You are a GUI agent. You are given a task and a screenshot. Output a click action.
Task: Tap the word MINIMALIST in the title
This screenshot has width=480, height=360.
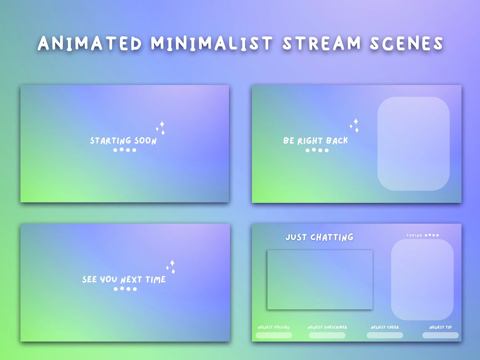(212, 44)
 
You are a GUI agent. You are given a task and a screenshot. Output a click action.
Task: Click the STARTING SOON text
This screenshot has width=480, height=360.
(124, 141)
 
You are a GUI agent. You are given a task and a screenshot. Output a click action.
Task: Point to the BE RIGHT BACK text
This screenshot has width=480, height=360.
(316, 141)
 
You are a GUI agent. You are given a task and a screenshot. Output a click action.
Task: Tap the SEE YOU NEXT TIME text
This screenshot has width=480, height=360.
(124, 280)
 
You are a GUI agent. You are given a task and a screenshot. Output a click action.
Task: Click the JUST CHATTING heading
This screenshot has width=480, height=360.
(320, 237)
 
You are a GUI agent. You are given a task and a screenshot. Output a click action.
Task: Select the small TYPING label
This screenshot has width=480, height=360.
(414, 235)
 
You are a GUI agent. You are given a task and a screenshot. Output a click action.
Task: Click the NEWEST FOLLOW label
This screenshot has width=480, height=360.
(274, 328)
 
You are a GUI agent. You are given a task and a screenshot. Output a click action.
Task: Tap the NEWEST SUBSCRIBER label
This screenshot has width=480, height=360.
(328, 328)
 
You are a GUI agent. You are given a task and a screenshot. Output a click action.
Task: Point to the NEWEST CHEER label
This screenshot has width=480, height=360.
(385, 328)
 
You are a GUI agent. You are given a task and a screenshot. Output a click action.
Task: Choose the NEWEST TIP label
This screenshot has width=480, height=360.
(440, 328)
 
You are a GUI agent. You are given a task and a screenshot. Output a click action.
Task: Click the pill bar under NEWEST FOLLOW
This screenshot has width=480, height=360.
(274, 335)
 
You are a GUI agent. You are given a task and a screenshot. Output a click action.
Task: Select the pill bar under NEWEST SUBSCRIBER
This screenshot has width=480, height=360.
(327, 335)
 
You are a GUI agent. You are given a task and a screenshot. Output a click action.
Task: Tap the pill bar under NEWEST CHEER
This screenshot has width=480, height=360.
(385, 335)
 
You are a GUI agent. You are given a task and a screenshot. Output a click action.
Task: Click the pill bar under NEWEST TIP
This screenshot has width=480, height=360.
(440, 335)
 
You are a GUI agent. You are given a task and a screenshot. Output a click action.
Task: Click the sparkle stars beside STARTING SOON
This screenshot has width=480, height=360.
(161, 128)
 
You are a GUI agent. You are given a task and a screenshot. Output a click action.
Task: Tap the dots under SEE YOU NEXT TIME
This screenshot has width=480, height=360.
(125, 289)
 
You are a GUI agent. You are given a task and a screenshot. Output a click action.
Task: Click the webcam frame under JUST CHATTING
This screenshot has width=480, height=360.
(320, 280)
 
